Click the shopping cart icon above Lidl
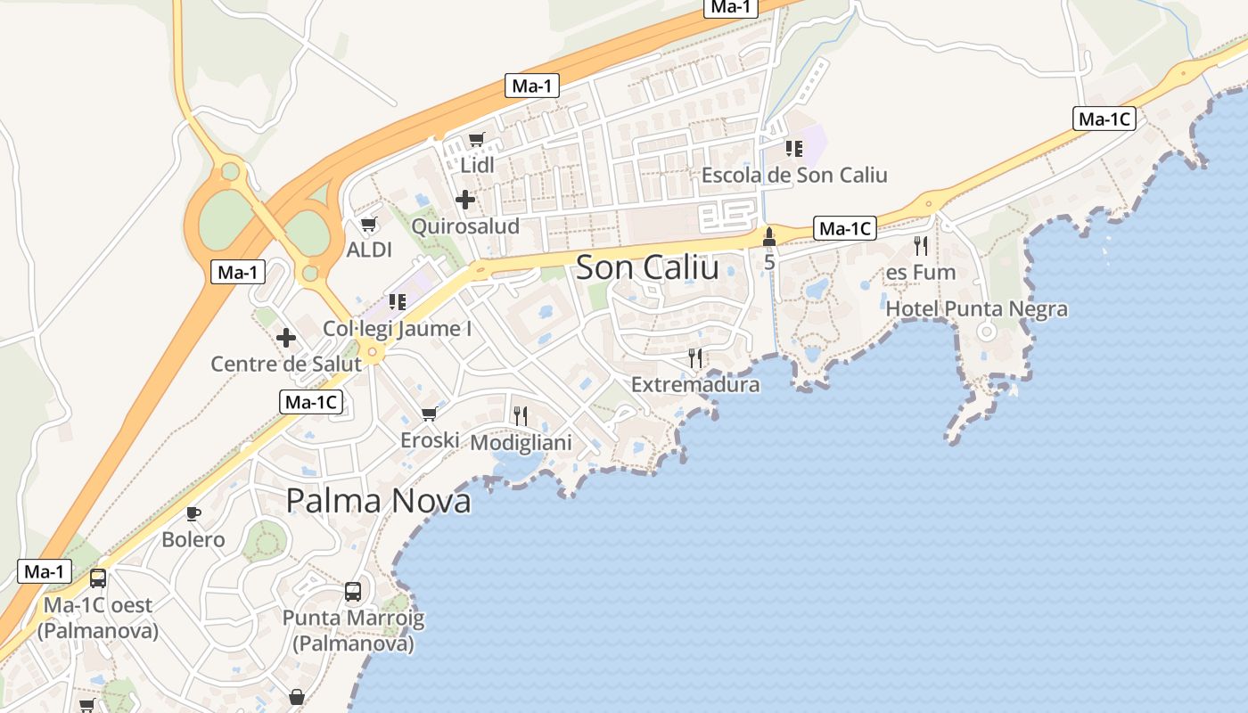pyautogui.click(x=476, y=140)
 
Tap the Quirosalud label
pyautogui.click(x=464, y=225)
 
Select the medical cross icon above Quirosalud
pyautogui.click(x=464, y=200)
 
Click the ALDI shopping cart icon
pyautogui.click(x=368, y=225)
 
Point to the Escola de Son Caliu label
pyautogui.click(x=794, y=175)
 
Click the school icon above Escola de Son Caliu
pyautogui.click(x=794, y=149)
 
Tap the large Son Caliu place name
pyautogui.click(x=647, y=266)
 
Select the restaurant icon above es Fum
pyautogui.click(x=921, y=245)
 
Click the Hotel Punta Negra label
pyautogui.click(x=976, y=309)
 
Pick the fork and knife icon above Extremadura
pyautogui.click(x=695, y=358)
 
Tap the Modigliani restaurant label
pyautogui.click(x=521, y=442)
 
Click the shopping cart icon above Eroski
pyautogui.click(x=429, y=414)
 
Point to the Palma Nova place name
pyautogui.click(x=378, y=501)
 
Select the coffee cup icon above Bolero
pyautogui.click(x=193, y=513)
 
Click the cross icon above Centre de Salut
pyautogui.click(x=285, y=338)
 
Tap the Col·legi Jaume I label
pyautogui.click(x=398, y=328)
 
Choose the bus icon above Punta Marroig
pyautogui.click(x=353, y=592)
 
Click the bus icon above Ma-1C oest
pyautogui.click(x=98, y=578)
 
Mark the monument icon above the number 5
pyautogui.click(x=769, y=237)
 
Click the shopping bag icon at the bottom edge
pyautogui.click(x=296, y=696)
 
